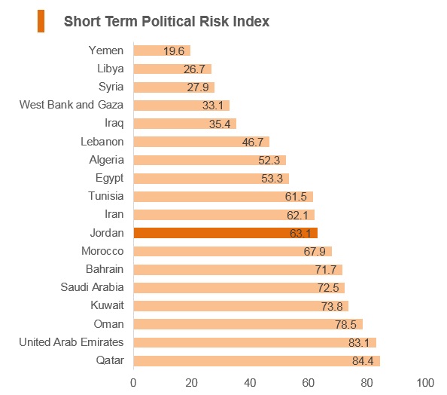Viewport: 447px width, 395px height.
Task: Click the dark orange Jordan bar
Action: coord(226,233)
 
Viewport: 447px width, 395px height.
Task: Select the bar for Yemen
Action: coord(162,51)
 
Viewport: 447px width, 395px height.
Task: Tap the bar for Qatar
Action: coord(257,361)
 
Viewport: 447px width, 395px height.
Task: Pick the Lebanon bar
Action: coord(202,142)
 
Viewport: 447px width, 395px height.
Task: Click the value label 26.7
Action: coord(194,69)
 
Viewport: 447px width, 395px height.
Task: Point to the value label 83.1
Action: coord(359,343)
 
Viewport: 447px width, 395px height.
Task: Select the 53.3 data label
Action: coord(272,179)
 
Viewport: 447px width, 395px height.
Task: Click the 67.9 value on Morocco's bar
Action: coord(315,252)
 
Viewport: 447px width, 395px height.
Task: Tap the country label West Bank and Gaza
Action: coord(71,105)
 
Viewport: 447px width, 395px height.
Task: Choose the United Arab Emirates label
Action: coord(71,342)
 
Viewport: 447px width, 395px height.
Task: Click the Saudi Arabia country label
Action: coord(92,287)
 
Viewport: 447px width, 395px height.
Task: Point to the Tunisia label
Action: coord(106,196)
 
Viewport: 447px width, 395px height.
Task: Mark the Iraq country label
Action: coord(114,124)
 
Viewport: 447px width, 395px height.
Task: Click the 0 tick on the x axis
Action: coord(133,383)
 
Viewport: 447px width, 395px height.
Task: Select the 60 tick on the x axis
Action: coord(309,383)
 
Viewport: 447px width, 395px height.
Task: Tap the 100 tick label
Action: coord(425,383)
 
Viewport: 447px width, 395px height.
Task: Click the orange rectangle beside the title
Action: coord(41,21)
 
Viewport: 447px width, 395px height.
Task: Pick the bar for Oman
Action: coord(248,324)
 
